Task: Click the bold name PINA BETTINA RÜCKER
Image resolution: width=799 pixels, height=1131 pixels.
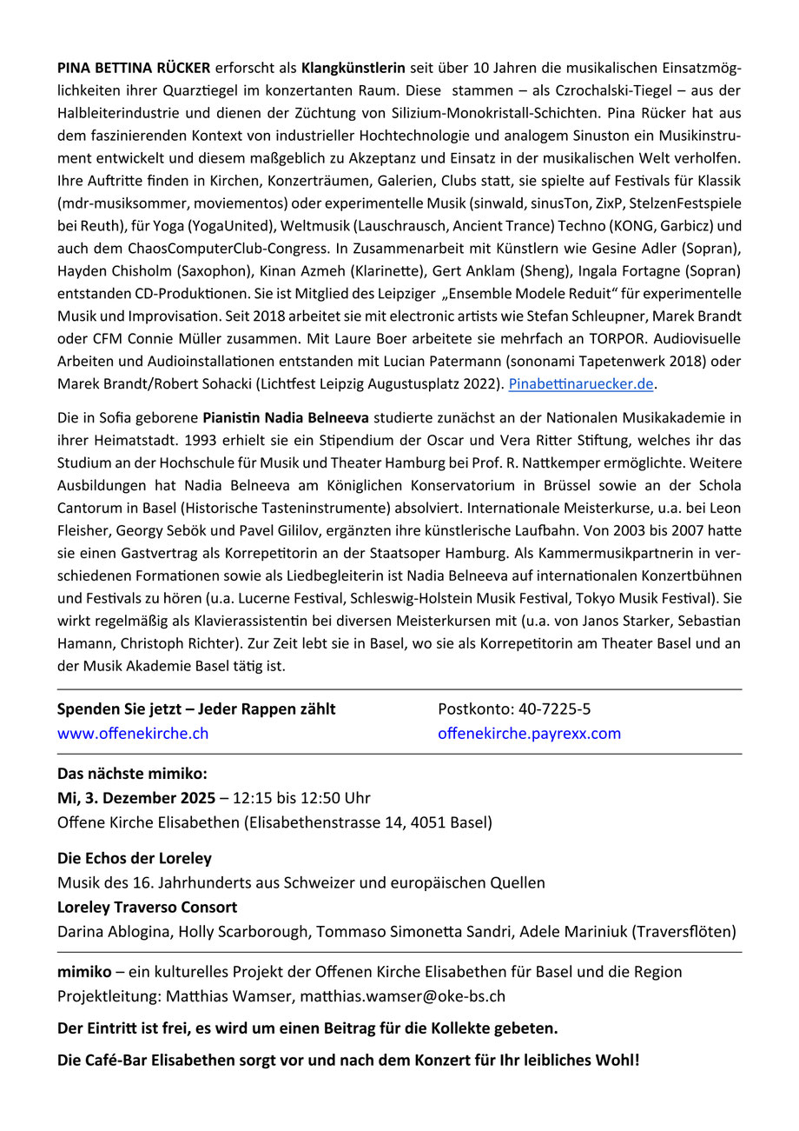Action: [133, 67]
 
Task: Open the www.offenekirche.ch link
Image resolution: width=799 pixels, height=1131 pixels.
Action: [133, 733]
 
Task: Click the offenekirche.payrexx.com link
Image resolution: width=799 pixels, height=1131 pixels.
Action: [530, 733]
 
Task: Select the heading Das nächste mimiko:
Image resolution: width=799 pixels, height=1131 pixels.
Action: [133, 774]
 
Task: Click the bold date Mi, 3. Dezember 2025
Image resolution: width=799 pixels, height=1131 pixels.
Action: [136, 797]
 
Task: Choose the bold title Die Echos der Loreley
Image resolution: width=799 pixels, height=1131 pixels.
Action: [135, 859]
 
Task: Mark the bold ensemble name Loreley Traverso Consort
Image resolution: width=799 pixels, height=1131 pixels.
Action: [148, 908]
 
